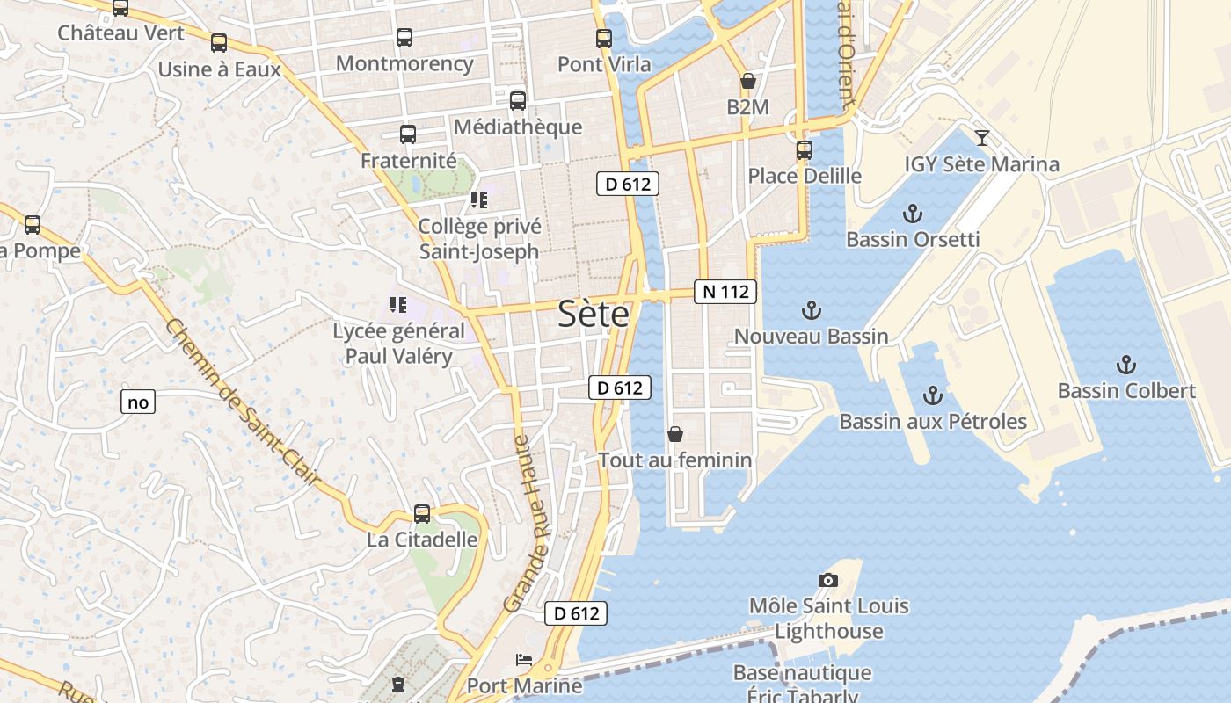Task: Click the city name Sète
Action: click(x=594, y=315)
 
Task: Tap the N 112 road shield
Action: click(x=725, y=292)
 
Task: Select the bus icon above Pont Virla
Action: click(x=603, y=39)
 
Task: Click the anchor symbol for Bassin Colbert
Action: click(x=1125, y=365)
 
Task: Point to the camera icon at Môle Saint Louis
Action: click(x=827, y=580)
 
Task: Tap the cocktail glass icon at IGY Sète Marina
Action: click(x=981, y=138)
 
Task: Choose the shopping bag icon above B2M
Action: click(x=747, y=82)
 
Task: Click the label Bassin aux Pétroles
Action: click(x=933, y=422)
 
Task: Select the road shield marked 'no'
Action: click(x=138, y=402)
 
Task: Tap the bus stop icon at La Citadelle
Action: click(x=422, y=514)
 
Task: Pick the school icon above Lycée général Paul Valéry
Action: click(x=398, y=305)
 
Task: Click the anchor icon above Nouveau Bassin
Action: click(x=811, y=310)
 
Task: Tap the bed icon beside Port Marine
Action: click(x=523, y=659)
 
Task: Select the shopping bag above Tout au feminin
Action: click(x=675, y=434)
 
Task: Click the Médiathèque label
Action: click(x=518, y=127)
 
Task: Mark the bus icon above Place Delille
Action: click(x=804, y=150)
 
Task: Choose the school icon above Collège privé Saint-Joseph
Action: click(x=478, y=200)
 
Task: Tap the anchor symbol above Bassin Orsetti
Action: click(x=913, y=214)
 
